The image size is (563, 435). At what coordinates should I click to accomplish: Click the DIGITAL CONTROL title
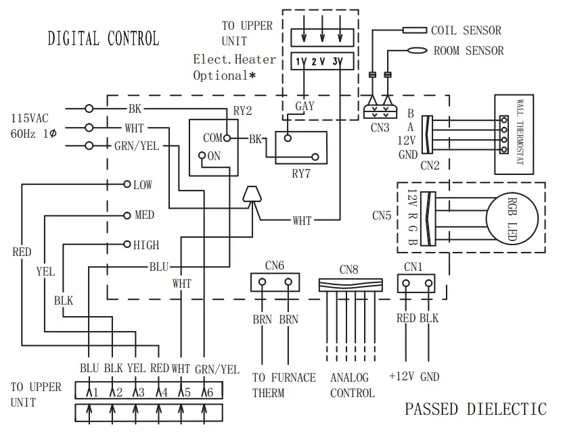coord(103,39)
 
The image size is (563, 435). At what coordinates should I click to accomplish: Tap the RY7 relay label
coord(301,173)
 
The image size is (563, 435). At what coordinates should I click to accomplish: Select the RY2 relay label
coord(242,111)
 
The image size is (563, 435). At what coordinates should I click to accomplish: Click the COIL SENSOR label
coord(466,30)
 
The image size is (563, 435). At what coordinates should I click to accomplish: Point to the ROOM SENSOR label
coord(468,51)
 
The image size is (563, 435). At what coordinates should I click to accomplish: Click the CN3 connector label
coord(380,126)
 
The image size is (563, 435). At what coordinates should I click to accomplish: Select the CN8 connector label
coord(350,270)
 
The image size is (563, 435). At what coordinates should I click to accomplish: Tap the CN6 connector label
coord(275,265)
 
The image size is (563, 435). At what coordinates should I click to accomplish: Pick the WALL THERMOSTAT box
coord(519,135)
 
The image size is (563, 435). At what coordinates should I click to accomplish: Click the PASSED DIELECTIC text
coord(475,409)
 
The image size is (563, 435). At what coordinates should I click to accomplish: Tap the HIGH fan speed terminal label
coord(146,245)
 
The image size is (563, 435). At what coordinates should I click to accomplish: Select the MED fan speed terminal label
coord(144,215)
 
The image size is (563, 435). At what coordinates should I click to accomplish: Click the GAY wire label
coord(305,107)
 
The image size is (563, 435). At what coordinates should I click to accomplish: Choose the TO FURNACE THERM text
coord(284,385)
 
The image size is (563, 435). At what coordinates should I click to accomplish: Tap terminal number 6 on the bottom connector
coord(211,392)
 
